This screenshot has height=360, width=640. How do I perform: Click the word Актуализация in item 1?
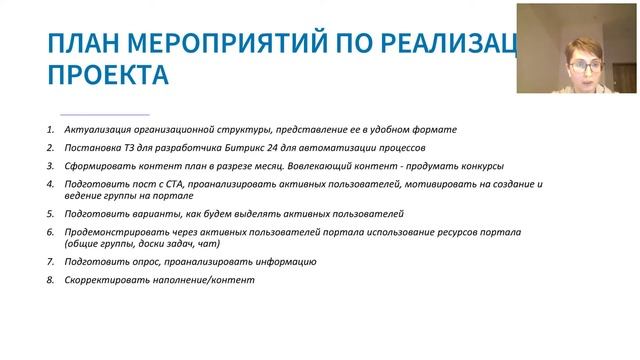[97, 130]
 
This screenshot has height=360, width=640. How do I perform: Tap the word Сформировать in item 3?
[99, 165]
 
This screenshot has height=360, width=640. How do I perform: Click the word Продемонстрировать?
[112, 232]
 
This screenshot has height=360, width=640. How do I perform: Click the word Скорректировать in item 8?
[104, 280]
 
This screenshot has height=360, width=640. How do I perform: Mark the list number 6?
[50, 232]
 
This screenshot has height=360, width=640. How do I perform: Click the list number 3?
[50, 165]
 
